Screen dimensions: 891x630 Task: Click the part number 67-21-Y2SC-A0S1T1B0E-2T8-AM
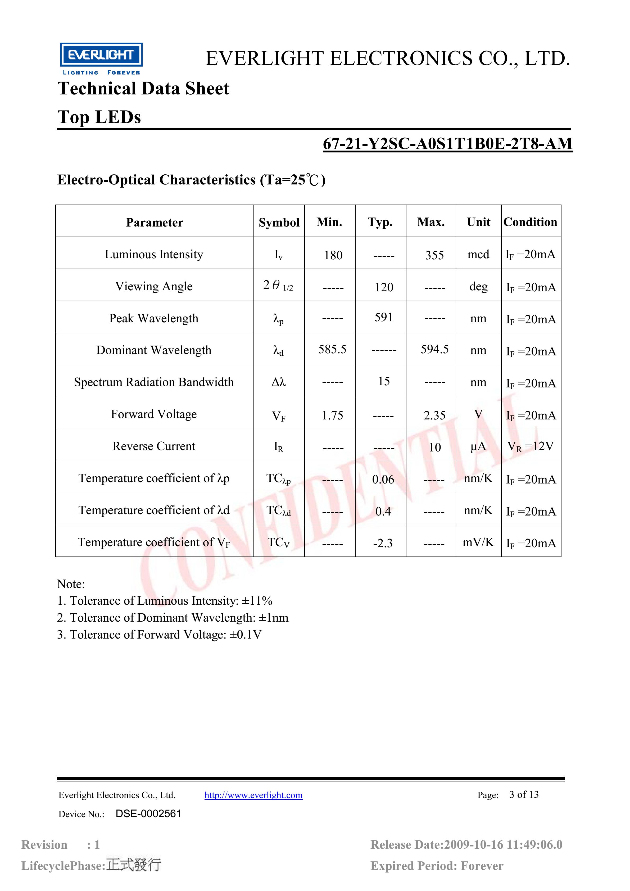448,144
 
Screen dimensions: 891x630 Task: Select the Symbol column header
279,222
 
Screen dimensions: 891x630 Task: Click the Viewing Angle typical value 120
384,287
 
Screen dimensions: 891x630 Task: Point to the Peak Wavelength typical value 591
384,318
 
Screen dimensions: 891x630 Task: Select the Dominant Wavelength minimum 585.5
332,349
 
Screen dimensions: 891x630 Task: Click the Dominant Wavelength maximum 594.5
434,349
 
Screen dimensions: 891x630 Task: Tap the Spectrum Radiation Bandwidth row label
154,382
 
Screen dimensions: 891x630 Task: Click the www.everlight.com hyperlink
253,795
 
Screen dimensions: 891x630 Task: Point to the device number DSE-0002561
148,814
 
